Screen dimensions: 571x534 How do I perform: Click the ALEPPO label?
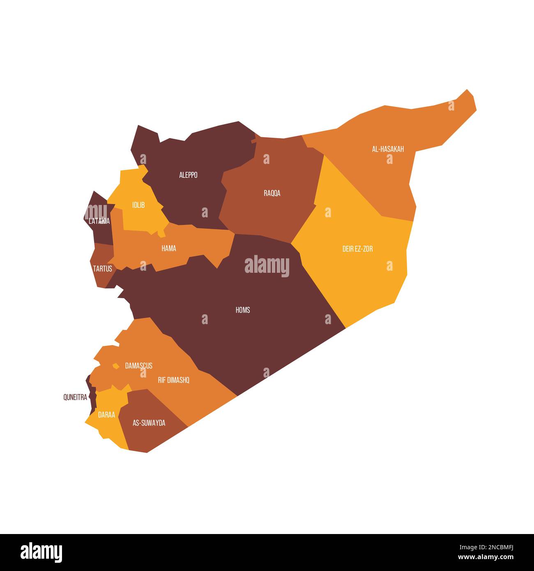tap(188, 175)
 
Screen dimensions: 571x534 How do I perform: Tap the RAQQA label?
tap(272, 193)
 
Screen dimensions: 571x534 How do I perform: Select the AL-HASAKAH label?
tap(388, 149)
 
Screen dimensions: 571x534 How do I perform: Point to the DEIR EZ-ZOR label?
tap(357, 249)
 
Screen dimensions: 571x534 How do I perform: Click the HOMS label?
tap(242, 310)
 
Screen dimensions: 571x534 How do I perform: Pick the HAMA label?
tap(169, 248)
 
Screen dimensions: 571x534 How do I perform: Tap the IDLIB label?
tap(138, 205)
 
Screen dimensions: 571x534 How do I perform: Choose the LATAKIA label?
tap(99, 221)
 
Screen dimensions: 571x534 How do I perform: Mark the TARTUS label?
tap(102, 269)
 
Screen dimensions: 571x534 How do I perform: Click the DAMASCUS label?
tap(138, 365)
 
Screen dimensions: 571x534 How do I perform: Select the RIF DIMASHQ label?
tap(173, 380)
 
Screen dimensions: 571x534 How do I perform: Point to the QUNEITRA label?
tap(75, 397)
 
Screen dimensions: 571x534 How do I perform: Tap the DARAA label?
tap(106, 414)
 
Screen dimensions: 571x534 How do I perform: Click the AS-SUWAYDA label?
tap(149, 423)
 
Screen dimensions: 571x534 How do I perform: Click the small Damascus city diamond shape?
tap(116, 366)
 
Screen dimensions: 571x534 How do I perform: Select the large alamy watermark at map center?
tap(267, 266)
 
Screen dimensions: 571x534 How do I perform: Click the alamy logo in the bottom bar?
tap(41, 552)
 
